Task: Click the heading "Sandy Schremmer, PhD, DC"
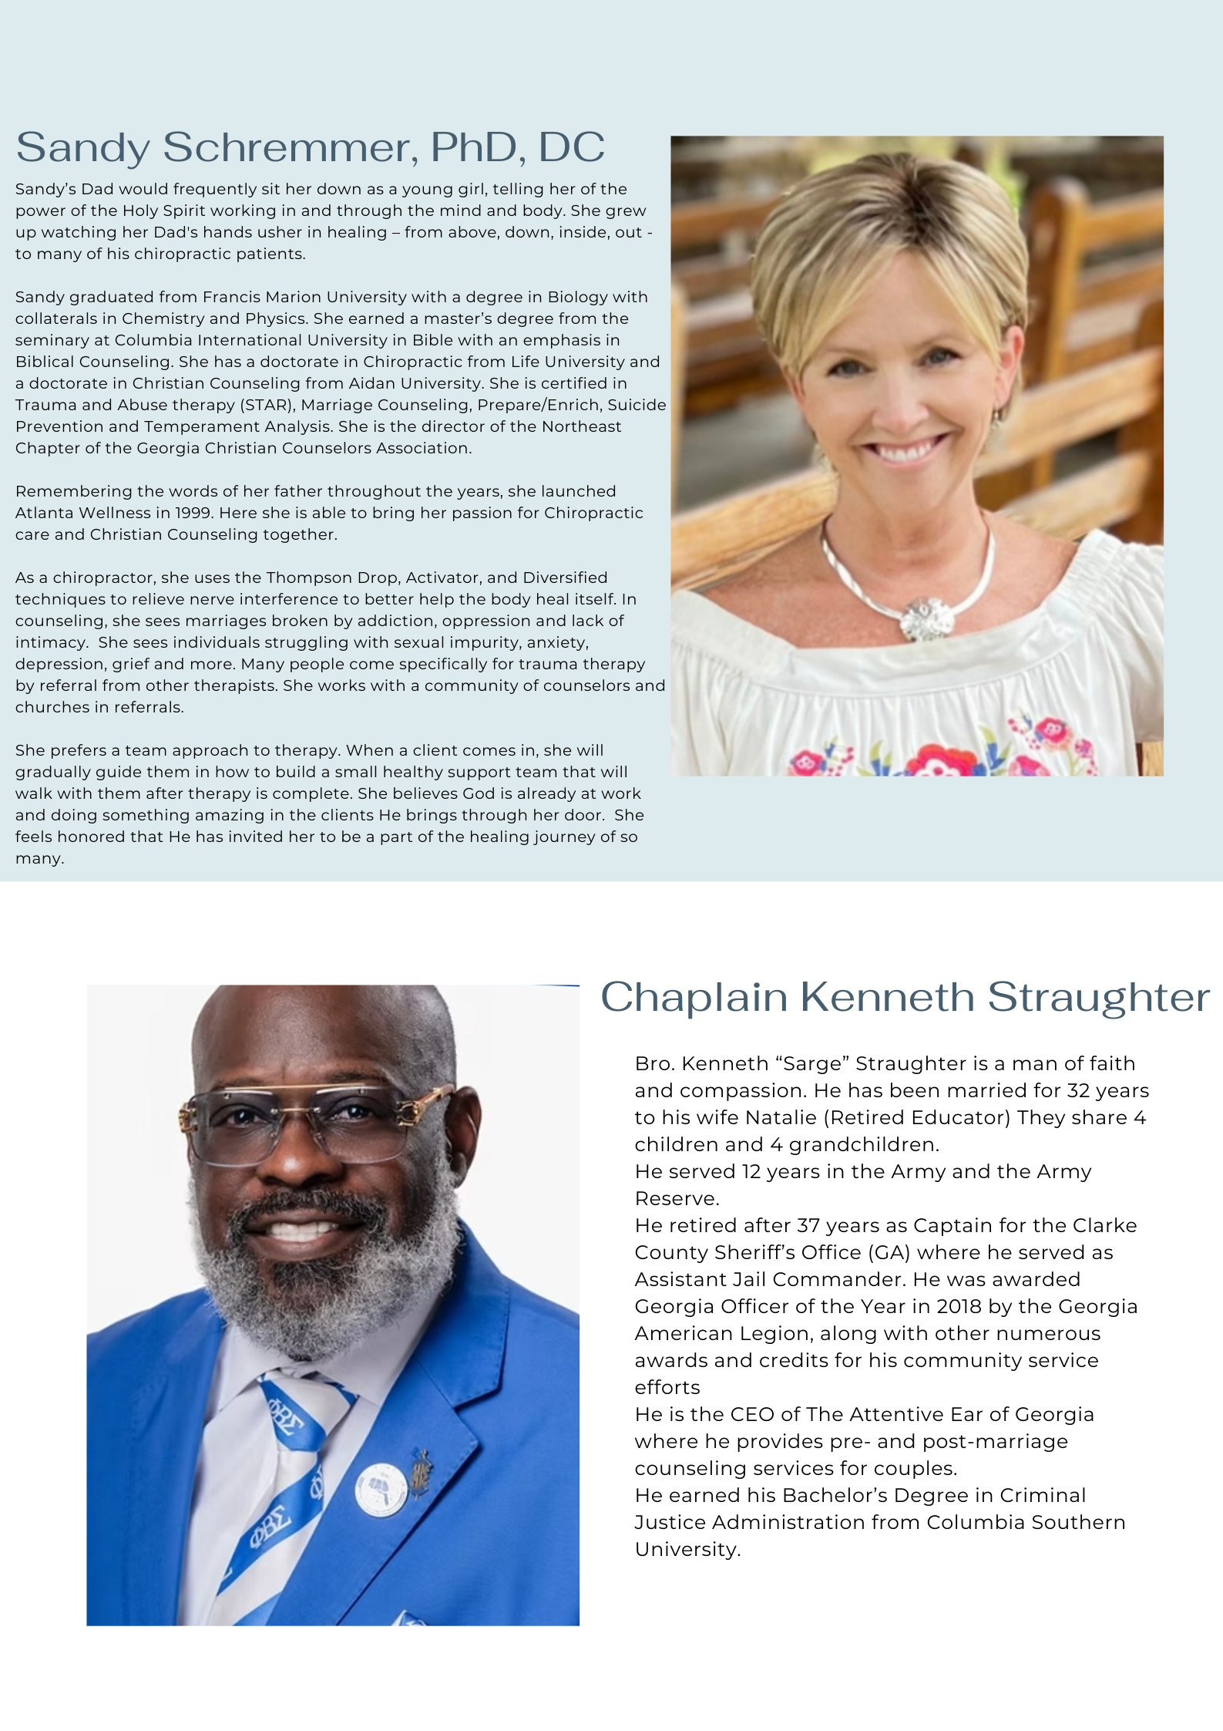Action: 310,147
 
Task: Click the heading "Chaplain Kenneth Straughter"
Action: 905,997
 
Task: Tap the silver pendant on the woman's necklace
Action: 927,618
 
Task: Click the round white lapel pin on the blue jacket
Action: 380,1490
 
